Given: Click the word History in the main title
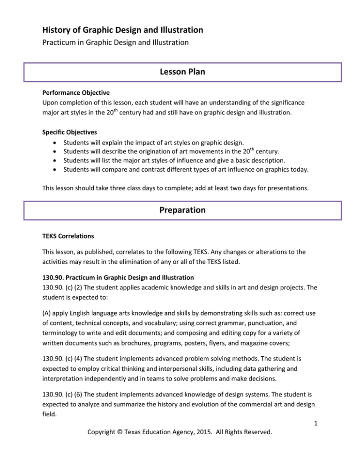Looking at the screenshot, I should [57, 30].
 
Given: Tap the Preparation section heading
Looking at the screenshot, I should [180, 210].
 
